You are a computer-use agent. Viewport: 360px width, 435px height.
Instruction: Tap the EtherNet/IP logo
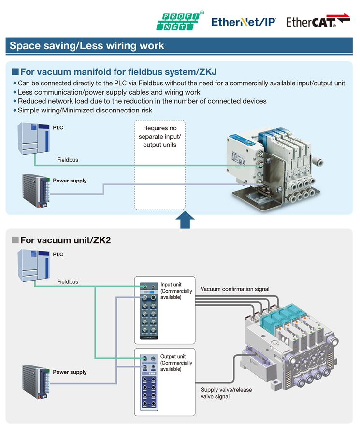[x=244, y=22]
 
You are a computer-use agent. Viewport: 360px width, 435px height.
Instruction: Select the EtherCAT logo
[x=318, y=20]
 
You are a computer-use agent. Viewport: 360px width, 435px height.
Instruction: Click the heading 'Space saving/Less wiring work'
[x=87, y=45]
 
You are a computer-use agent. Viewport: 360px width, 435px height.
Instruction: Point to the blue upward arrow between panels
[x=185, y=220]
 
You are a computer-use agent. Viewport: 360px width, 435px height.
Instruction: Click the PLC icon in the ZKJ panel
[x=34, y=139]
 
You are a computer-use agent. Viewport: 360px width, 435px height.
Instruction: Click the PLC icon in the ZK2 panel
[x=34, y=266]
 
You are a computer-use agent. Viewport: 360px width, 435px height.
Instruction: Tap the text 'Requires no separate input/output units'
[x=160, y=137]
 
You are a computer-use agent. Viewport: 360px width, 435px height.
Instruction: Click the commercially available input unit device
[x=149, y=311]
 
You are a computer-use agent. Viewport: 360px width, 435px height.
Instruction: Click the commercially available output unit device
[x=149, y=382]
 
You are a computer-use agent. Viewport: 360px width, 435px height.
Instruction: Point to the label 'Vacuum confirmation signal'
[x=235, y=289]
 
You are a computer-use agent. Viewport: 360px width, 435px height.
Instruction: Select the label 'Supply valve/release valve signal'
[x=226, y=393]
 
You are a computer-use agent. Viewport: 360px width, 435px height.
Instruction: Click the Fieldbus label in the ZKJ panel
[x=68, y=160]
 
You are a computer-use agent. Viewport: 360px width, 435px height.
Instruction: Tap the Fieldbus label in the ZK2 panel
[x=68, y=281]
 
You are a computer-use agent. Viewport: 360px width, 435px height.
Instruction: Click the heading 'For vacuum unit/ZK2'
[x=66, y=240]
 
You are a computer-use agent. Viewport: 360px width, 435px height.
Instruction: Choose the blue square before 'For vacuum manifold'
[x=15, y=72]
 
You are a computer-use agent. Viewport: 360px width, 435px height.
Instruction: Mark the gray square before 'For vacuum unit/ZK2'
[x=15, y=240]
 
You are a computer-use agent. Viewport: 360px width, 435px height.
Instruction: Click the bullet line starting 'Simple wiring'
[x=83, y=111]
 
